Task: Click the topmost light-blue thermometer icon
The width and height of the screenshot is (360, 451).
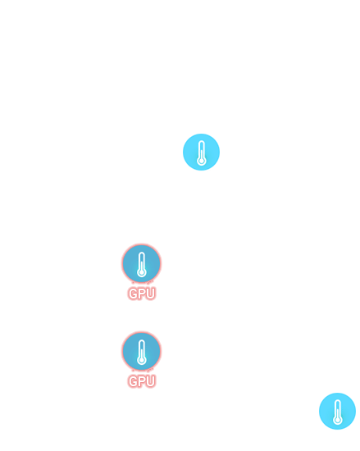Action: point(201,153)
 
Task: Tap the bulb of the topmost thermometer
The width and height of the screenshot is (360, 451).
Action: point(201,161)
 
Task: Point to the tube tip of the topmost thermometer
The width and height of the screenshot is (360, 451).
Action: point(202,141)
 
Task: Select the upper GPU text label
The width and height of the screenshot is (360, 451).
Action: point(142,294)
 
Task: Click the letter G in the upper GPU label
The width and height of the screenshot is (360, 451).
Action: point(133,294)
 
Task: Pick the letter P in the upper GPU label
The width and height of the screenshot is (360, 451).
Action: point(142,294)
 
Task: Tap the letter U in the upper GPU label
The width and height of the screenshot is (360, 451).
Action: point(151,294)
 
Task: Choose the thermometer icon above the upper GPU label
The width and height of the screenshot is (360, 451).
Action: point(142,263)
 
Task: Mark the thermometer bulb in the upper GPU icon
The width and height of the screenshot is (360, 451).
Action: point(142,272)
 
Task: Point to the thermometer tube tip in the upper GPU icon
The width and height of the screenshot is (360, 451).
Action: point(142,253)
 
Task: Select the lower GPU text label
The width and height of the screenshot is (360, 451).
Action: point(142,381)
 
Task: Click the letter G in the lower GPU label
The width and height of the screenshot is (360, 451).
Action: point(133,381)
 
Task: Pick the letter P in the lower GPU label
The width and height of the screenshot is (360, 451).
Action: point(142,381)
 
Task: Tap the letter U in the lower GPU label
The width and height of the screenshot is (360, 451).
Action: point(151,381)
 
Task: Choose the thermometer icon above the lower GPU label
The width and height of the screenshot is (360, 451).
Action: point(142,351)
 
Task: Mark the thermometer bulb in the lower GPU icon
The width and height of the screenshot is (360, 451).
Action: point(142,360)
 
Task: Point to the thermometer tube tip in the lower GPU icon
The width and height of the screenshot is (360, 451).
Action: point(142,340)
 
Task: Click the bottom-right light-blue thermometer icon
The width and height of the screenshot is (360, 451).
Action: point(337,412)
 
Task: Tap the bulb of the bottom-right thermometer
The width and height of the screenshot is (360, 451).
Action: point(338,420)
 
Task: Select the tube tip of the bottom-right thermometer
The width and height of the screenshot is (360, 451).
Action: point(338,400)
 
